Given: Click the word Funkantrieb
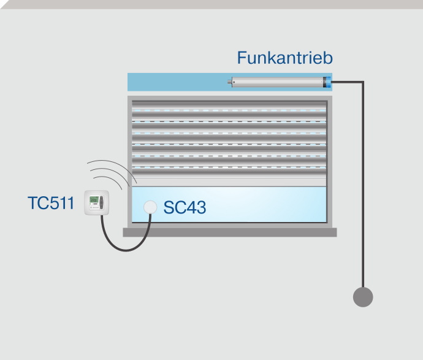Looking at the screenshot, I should (284, 58).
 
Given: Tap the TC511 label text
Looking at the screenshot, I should (50, 203).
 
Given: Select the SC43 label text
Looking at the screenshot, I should (185, 208).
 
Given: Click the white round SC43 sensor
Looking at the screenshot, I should (150, 207).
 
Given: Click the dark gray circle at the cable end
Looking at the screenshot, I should (363, 297).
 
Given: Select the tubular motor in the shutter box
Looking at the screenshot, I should (279, 82).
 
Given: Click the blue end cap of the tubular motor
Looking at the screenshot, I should (328, 82).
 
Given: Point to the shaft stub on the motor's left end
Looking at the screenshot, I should (231, 82).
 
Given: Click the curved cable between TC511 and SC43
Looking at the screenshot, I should (123, 248).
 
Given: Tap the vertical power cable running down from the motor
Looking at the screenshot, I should (363, 184).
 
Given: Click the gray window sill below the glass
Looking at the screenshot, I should (230, 232).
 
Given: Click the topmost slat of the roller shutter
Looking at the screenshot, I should (230, 104).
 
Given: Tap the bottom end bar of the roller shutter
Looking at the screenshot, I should (230, 182).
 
